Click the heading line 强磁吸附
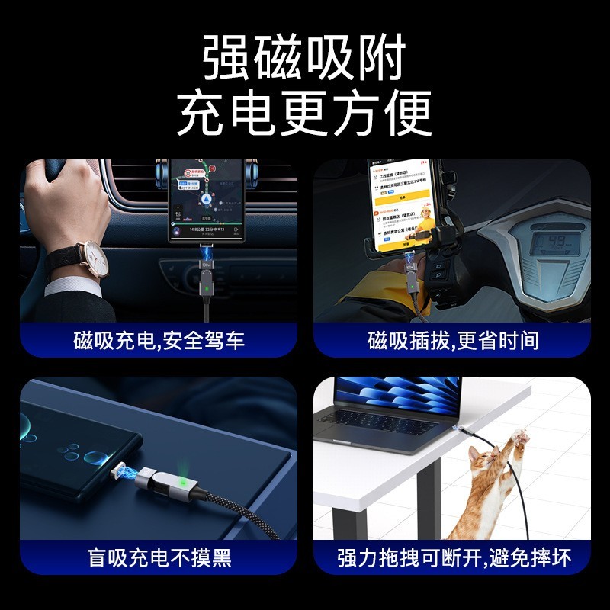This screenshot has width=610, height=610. point(304,59)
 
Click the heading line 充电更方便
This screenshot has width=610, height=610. point(304,114)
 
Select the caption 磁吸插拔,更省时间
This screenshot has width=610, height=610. point(453,340)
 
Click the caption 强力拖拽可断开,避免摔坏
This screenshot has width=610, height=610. point(453,557)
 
